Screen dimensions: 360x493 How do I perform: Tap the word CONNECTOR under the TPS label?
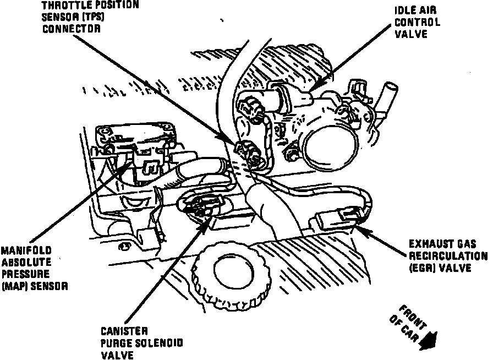click(x=72, y=28)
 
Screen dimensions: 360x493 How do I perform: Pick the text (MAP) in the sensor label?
click(x=12, y=286)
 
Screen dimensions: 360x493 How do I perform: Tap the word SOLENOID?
click(x=156, y=343)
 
